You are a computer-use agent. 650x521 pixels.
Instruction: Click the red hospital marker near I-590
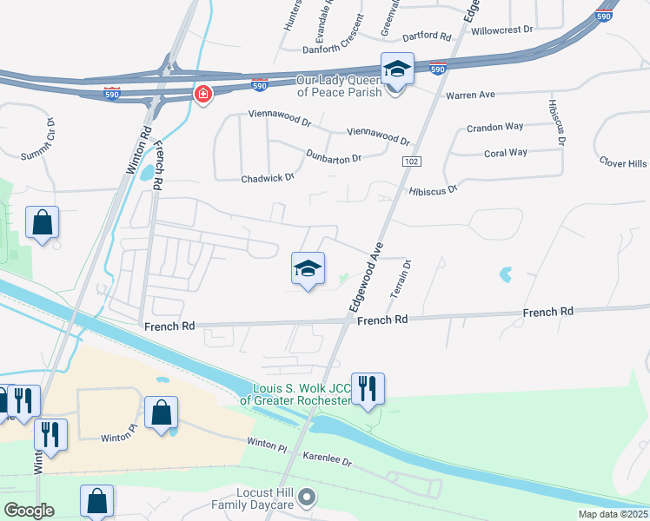click(x=202, y=94)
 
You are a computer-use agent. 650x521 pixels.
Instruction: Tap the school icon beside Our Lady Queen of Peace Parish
click(x=396, y=69)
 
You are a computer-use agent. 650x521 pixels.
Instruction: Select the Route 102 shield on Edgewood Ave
click(x=412, y=162)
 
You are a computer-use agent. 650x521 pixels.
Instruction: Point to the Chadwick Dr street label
click(x=269, y=178)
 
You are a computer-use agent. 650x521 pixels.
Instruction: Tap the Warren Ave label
click(x=469, y=94)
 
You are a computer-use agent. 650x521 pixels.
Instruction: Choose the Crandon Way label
click(x=495, y=128)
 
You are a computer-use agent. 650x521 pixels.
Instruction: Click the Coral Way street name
click(x=505, y=153)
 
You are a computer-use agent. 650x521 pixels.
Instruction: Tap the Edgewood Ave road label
click(x=366, y=277)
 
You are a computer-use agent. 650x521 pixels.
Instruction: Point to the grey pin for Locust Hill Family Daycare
click(x=306, y=498)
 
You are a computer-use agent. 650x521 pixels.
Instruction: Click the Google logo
click(x=29, y=511)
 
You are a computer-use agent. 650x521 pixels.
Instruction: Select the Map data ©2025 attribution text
click(x=612, y=514)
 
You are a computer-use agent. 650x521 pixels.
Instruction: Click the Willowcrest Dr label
click(x=501, y=30)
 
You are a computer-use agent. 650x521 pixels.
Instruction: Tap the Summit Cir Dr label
click(x=37, y=139)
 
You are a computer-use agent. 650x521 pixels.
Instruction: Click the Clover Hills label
click(x=623, y=162)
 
